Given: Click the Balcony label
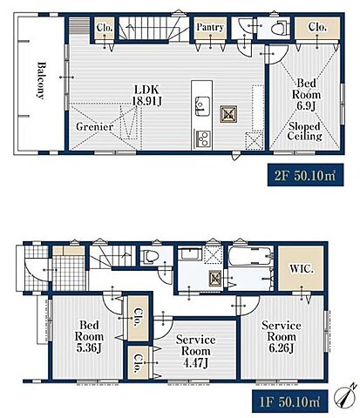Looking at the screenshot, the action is [41, 80].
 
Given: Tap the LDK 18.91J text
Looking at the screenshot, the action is [146, 95].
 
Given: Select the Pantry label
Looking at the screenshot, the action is [210, 27].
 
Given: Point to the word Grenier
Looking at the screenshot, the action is [94, 126].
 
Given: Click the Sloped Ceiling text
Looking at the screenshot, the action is [304, 131].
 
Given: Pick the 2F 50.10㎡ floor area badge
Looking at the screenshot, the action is [305, 175].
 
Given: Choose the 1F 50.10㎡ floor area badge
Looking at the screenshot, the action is [289, 401].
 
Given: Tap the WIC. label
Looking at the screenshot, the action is [302, 269].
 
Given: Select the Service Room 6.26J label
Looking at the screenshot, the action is [282, 337].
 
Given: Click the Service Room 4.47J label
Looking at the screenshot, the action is [195, 351].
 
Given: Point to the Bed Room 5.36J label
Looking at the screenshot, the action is [89, 337].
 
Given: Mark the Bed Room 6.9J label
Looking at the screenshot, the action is [306, 95].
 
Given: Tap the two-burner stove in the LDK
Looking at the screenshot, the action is [202, 139].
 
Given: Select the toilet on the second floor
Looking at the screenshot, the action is [280, 28].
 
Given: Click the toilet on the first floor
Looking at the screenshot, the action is [150, 257].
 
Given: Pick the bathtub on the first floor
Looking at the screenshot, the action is [251, 256].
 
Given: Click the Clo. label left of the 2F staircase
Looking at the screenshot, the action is [105, 27].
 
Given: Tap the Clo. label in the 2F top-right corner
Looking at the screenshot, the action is [317, 27].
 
